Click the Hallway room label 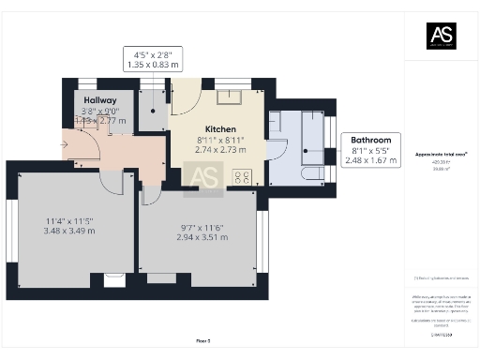(x=99, y=99)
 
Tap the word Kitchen (x=221, y=128)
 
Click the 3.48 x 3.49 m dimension (x=69, y=231)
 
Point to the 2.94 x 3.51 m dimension (x=202, y=238)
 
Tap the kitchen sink (x=230, y=97)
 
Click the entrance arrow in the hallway (x=65, y=144)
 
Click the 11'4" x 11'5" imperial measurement (x=69, y=220)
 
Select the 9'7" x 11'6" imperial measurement (x=202, y=228)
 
